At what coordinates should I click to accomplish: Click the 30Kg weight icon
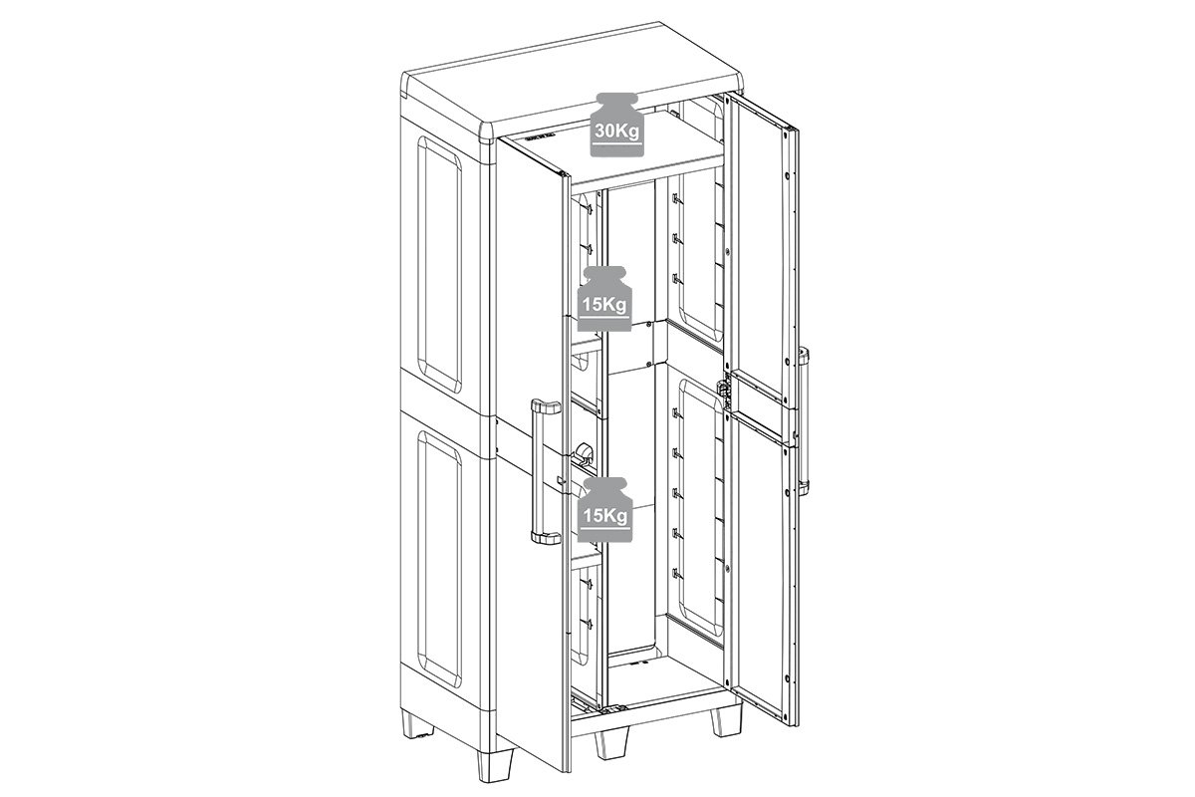tap(616, 125)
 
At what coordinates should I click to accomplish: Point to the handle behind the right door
tap(803, 419)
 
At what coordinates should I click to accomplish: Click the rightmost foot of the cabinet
tap(727, 719)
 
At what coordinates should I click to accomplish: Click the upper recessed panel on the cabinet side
tap(439, 263)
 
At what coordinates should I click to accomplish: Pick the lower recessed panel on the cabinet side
tap(439, 558)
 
